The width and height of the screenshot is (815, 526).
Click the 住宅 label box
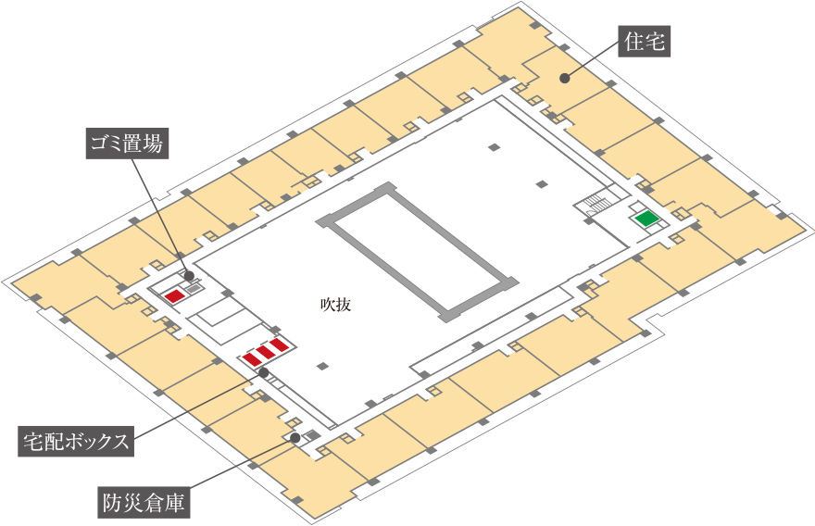[645, 41]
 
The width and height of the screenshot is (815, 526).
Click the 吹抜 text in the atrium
[335, 303]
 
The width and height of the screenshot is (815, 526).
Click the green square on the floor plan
[646, 219]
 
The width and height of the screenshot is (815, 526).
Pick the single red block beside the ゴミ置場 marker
[173, 295]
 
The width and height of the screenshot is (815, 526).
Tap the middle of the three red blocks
[266, 351]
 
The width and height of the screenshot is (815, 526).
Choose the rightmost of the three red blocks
[280, 345]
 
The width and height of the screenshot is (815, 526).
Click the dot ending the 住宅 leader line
[564, 78]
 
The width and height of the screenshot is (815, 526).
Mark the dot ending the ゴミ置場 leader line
[188, 275]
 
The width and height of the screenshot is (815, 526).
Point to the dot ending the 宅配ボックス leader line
[264, 372]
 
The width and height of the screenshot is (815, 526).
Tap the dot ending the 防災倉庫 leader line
[295, 437]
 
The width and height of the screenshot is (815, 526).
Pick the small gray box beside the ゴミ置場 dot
[194, 288]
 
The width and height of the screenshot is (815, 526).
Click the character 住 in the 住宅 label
[633, 41]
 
